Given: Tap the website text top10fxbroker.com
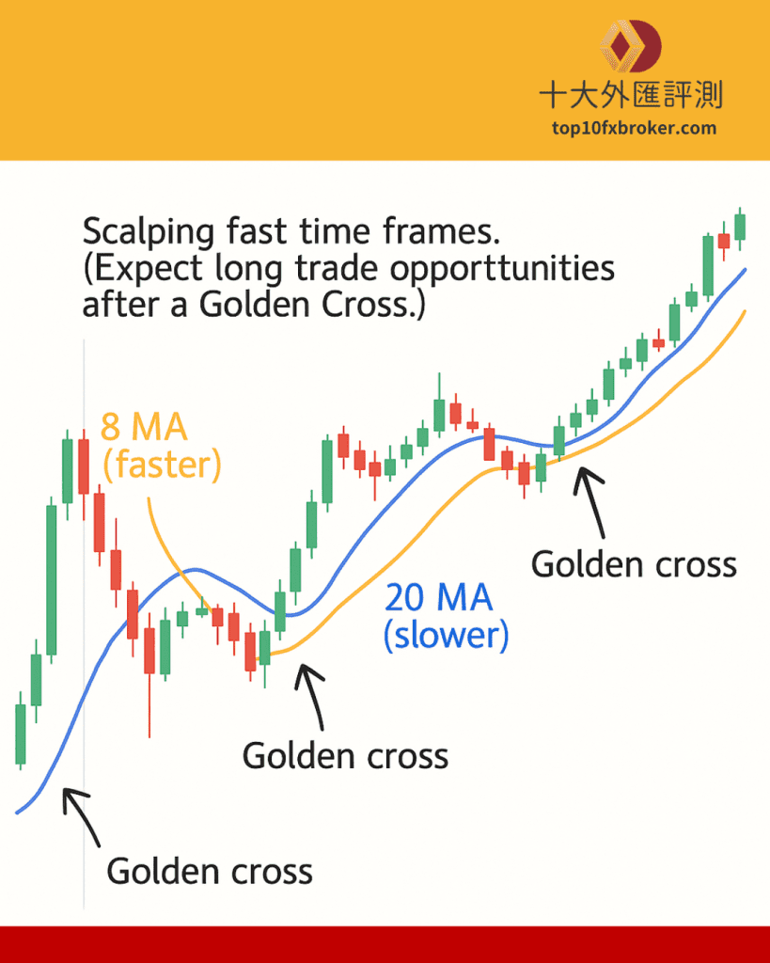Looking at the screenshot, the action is click(x=634, y=128).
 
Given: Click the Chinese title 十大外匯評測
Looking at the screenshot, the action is click(x=631, y=95).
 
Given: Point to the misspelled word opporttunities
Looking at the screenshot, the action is click(x=502, y=269).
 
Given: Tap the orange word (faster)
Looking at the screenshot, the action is click(x=162, y=465).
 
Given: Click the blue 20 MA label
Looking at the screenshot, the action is click(x=438, y=597).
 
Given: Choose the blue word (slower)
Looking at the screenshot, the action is click(x=447, y=635).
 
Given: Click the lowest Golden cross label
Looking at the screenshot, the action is click(x=210, y=871).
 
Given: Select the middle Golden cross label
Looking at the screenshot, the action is click(x=345, y=755).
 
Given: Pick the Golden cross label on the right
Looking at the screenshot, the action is click(x=634, y=564).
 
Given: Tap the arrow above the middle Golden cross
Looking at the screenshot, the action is click(x=309, y=697).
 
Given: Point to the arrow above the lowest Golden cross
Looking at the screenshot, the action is click(x=81, y=817).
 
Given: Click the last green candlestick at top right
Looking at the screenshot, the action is click(x=740, y=228).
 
